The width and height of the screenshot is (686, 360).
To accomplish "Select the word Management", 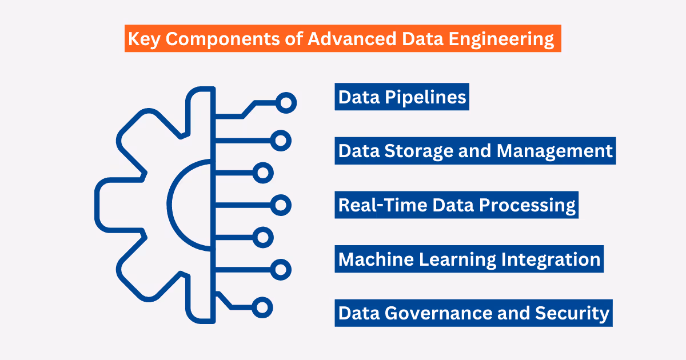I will (x=555, y=151).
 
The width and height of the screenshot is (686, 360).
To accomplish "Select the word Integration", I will (x=551, y=259).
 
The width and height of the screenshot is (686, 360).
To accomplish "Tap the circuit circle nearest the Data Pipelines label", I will (x=286, y=103).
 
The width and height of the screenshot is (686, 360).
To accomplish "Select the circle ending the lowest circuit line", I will (x=262, y=307).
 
